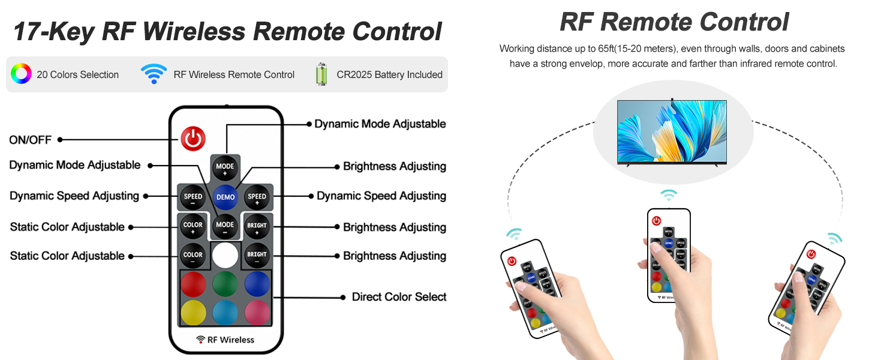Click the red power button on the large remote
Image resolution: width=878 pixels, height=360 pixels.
(x=193, y=139)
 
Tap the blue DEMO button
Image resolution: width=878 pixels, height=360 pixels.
(x=225, y=197)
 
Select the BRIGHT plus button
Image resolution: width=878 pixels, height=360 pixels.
(x=257, y=226)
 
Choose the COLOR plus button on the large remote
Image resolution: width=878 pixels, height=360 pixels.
(x=193, y=226)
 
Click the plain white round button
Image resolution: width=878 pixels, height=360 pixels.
(x=225, y=255)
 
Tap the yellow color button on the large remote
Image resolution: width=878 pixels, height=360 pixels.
(x=193, y=313)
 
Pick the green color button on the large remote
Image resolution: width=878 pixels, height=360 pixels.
(x=225, y=284)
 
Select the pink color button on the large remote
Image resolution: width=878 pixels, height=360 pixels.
(x=257, y=313)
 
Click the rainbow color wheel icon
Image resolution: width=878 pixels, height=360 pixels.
(x=21, y=74)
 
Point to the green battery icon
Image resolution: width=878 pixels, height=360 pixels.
(x=322, y=74)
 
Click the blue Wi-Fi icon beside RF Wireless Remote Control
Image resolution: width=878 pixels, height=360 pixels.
(x=154, y=74)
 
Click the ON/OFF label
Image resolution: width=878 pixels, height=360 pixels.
(x=30, y=140)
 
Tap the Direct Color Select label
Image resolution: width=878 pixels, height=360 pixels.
(x=399, y=297)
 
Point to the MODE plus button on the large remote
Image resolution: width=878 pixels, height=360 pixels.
(x=225, y=169)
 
